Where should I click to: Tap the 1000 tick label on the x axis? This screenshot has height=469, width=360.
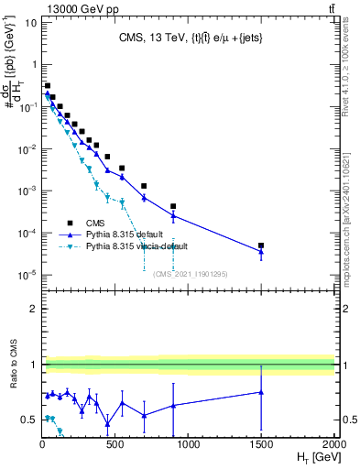189,444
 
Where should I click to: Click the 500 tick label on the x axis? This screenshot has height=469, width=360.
115,444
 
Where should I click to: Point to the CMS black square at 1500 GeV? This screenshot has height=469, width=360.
261,245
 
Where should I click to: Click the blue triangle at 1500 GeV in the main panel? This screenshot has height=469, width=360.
261,252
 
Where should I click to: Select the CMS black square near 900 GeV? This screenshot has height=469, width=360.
173,206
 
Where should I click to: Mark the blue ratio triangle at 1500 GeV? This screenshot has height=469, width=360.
261,392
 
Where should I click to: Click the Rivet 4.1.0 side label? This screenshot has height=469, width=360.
352,73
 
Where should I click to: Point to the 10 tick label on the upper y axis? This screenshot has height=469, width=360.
27,22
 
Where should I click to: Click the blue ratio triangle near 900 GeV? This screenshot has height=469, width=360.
173,405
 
